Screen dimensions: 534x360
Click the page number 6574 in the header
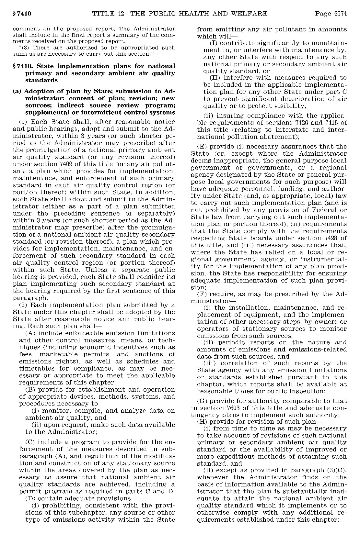pos(340,14)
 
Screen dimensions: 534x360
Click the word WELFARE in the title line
pos(250,14)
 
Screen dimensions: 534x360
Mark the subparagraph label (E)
pos(203,147)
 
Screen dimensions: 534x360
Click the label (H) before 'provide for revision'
pos(203,422)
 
